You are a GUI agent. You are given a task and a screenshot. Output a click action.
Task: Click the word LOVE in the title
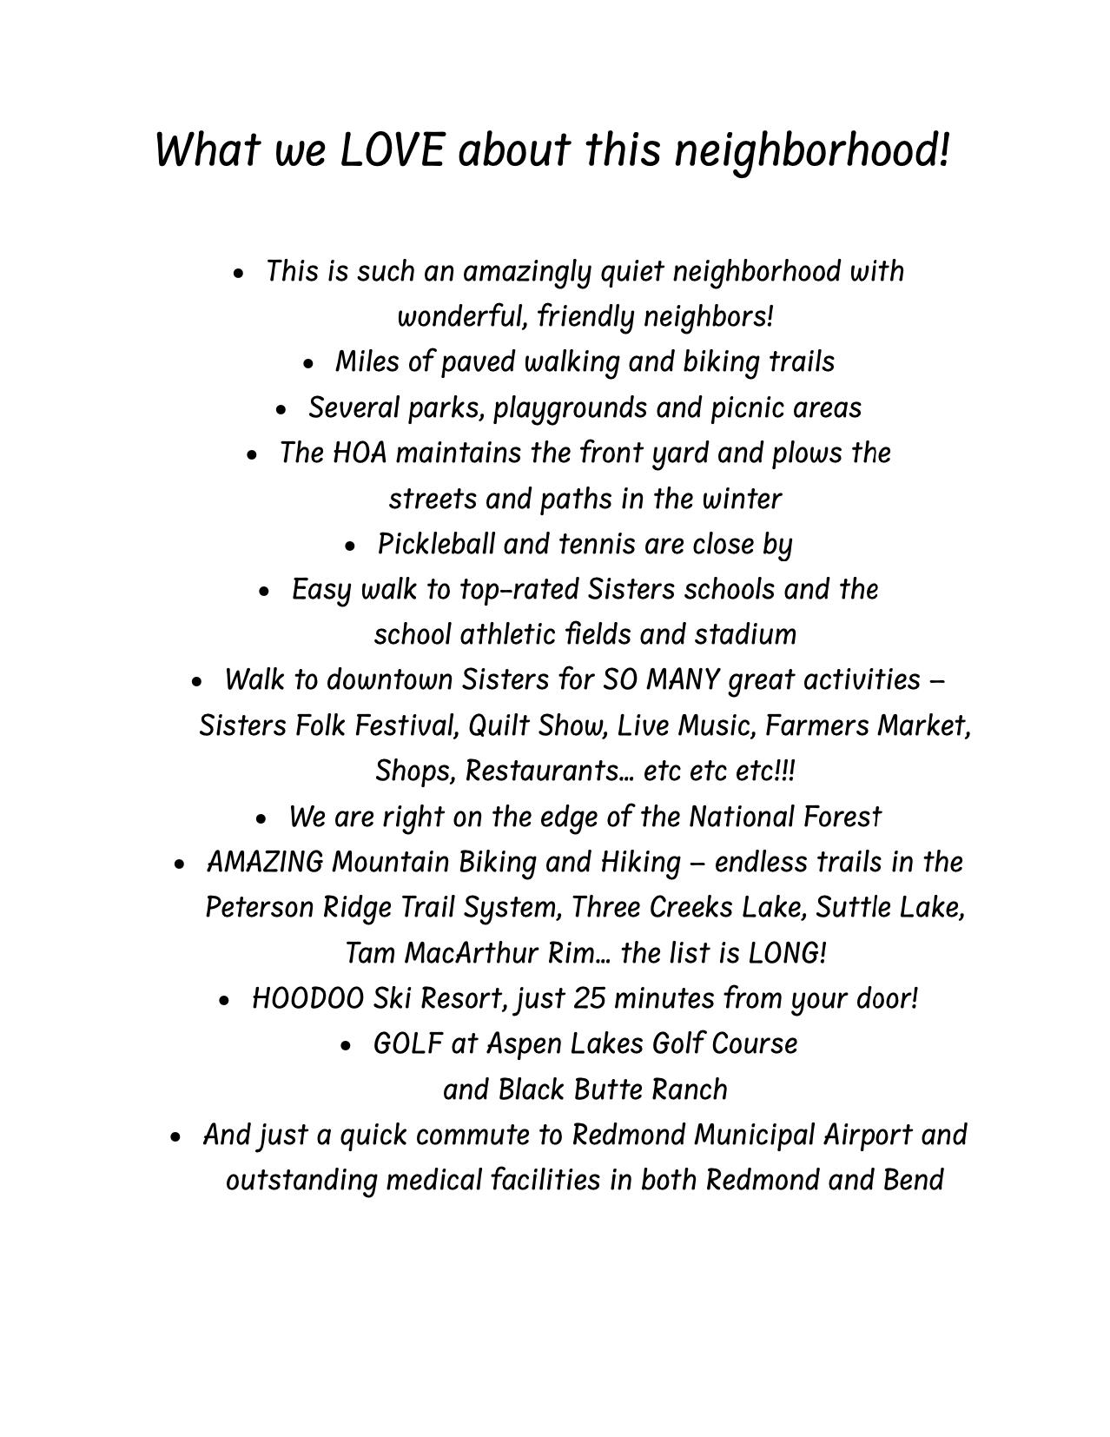[391, 149]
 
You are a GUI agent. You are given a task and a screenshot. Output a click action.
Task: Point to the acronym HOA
[359, 454]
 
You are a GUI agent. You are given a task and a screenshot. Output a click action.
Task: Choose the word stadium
[745, 635]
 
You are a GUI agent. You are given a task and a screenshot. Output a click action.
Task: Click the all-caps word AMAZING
[265, 863]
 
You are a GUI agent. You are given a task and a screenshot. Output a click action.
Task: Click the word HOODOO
[307, 999]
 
